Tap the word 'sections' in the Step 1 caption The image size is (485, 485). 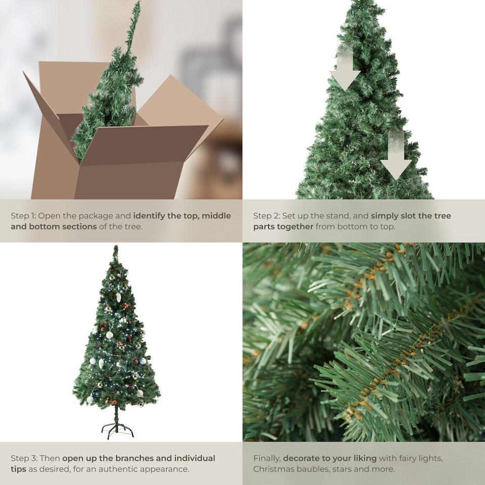pyautogui.click(x=79, y=226)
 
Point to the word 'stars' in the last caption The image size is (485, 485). pyautogui.click(x=343, y=469)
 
